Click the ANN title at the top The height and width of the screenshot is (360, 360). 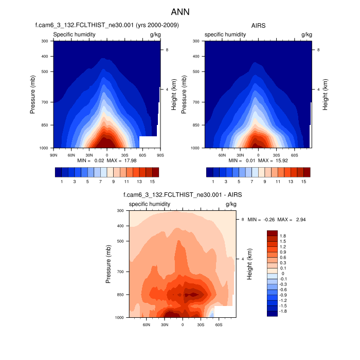[180, 11]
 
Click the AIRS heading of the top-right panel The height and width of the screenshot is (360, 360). [258, 25]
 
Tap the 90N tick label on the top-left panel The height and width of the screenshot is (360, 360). [53, 154]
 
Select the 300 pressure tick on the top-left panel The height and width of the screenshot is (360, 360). [44, 41]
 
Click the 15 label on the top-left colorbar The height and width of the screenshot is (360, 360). [152, 182]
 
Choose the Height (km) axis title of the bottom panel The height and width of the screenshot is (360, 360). [249, 264]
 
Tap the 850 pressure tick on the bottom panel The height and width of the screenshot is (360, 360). [119, 295]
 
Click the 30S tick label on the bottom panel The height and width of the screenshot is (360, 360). [200, 325]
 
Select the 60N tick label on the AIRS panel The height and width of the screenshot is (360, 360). [222, 154]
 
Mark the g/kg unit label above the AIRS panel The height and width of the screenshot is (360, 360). [306, 34]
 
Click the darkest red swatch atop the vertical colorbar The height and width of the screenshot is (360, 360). [272, 233]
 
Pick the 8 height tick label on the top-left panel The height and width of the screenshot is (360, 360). [167, 50]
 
